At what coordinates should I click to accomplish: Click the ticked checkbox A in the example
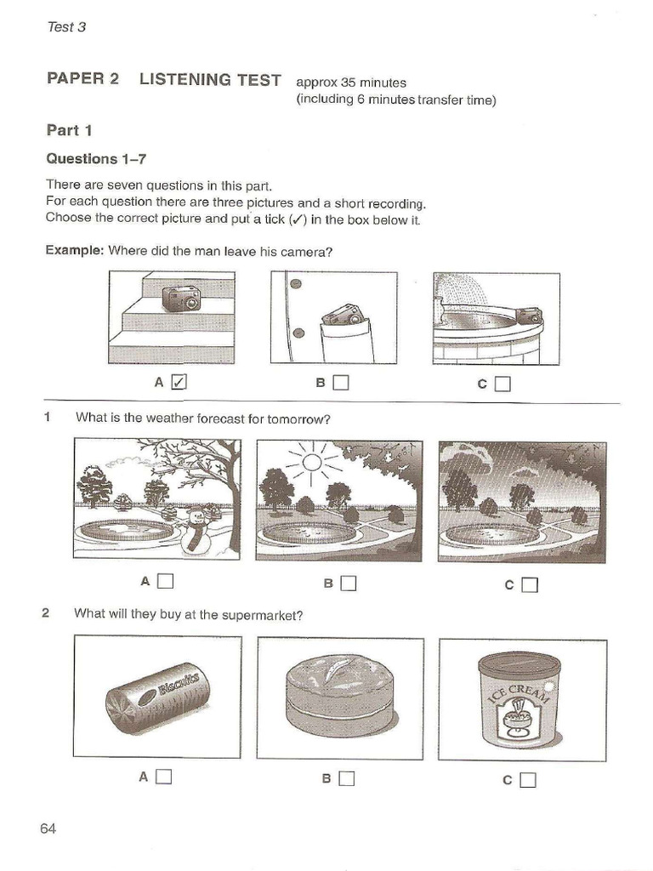179,382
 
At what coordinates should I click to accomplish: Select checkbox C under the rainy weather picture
530,584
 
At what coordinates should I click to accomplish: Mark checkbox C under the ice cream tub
528,779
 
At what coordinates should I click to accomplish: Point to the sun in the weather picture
312,462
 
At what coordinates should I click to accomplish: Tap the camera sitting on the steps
181,298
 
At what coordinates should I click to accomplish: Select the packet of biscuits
157,697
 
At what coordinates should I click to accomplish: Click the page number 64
48,828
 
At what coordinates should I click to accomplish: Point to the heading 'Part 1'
69,130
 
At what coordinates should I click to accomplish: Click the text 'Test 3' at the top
66,26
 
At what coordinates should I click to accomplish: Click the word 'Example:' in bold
74,251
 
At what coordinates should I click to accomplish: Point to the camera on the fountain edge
529,316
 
